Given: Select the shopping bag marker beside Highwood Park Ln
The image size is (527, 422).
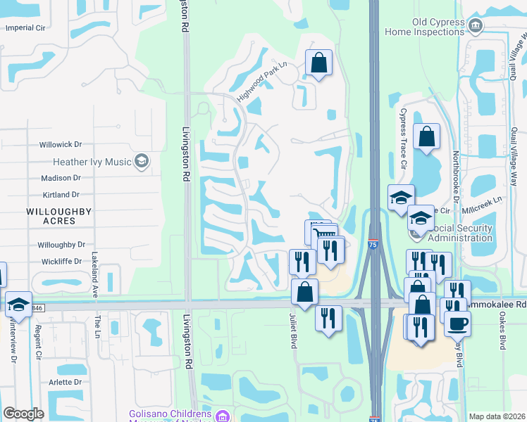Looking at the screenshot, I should (x=318, y=63).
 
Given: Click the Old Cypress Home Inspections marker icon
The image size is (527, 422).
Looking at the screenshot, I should (x=476, y=26).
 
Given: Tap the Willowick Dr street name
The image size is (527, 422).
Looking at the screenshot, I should (x=61, y=144).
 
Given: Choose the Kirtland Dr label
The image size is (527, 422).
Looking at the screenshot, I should (x=61, y=194).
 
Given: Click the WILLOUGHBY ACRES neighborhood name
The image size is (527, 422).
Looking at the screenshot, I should (x=50, y=216).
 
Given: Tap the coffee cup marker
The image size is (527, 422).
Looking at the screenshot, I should (x=457, y=324).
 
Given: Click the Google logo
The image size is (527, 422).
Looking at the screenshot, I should (x=24, y=414).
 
